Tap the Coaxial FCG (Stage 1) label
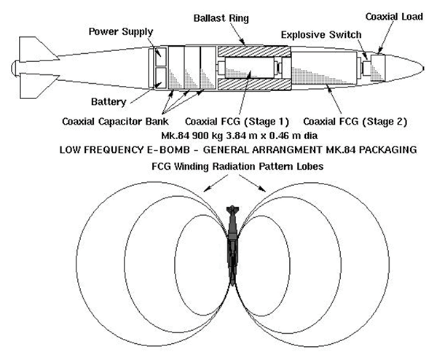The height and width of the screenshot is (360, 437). coord(227,122)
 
